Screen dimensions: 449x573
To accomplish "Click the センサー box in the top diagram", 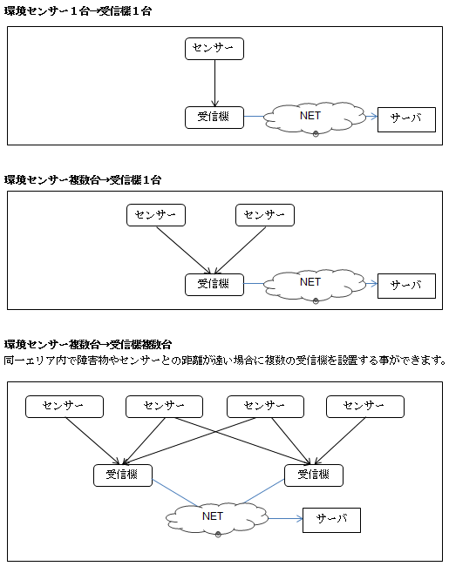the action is click(x=214, y=49).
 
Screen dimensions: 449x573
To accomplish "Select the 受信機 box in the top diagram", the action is click(x=214, y=118).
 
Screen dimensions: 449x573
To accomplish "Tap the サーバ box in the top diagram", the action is click(x=406, y=119).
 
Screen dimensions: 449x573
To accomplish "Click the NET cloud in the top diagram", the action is click(x=315, y=117).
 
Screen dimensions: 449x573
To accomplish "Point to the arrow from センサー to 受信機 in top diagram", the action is click(x=214, y=83).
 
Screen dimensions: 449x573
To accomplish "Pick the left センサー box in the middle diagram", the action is click(x=156, y=215).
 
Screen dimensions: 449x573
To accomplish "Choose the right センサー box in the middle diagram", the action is click(x=265, y=215).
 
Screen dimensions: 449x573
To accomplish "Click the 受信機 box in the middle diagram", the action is click(x=214, y=285).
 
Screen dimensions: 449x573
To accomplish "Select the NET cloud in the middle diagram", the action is click(x=315, y=284).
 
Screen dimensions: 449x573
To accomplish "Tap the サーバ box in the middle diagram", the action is click(x=406, y=286).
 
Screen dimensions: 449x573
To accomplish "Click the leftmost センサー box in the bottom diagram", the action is click(x=65, y=407).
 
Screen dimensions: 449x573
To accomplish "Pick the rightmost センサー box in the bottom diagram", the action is click(x=365, y=407).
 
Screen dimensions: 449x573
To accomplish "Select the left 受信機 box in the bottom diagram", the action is click(x=123, y=475).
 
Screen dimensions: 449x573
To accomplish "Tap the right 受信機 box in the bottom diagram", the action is click(x=314, y=475).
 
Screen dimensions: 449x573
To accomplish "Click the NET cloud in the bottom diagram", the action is click(x=217, y=518).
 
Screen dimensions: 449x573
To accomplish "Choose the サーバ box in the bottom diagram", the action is click(x=331, y=520).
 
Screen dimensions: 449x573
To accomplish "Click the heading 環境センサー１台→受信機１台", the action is click(x=78, y=11).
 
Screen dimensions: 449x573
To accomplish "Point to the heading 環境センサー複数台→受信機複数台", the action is click(x=88, y=344).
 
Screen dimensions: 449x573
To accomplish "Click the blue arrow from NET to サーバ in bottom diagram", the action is click(x=286, y=518).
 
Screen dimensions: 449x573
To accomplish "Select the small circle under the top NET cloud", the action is click(x=316, y=134).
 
